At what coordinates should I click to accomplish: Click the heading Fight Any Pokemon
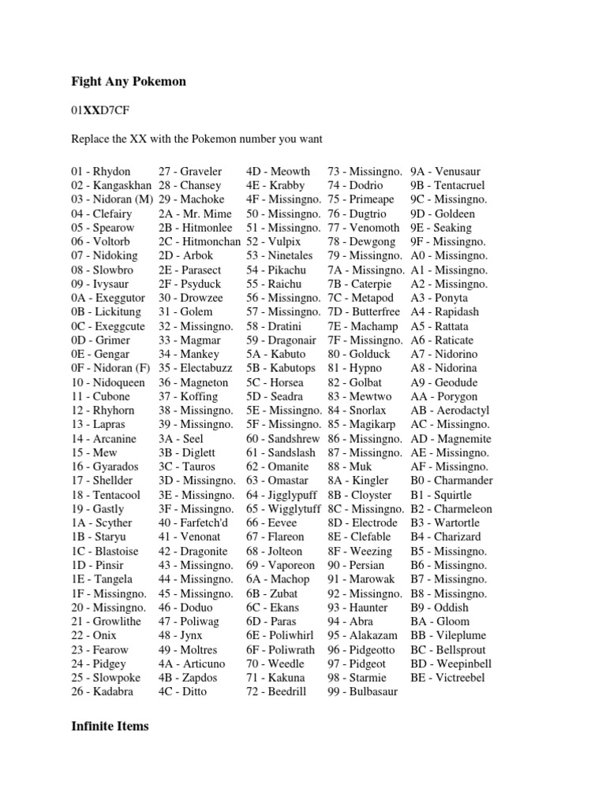[x=129, y=81]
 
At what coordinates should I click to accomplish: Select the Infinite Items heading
[x=110, y=726]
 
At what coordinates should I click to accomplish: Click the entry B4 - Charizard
[x=446, y=537]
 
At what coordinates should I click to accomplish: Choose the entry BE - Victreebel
[x=448, y=677]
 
